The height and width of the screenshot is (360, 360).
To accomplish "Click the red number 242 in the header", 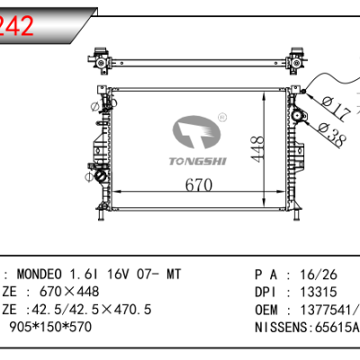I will tap(17, 26).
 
